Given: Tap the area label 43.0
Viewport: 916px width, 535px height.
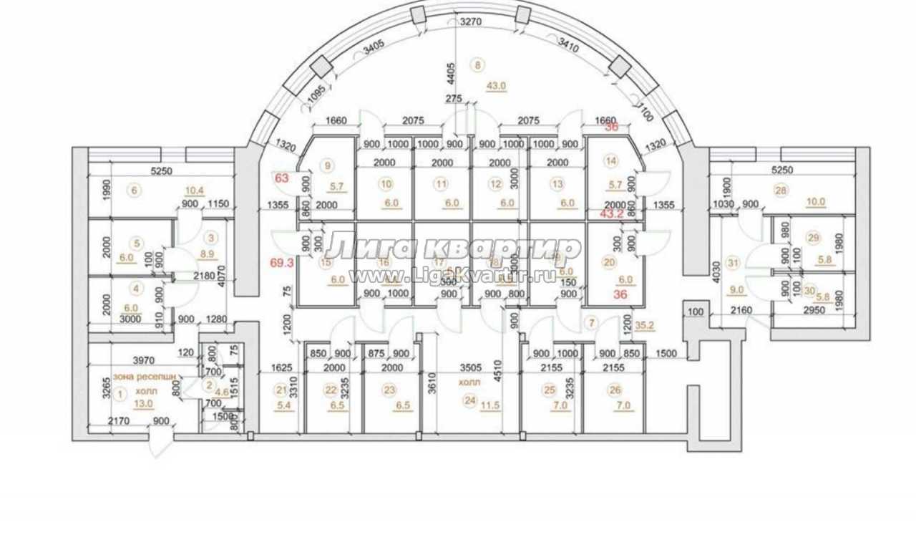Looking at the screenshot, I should (x=496, y=85).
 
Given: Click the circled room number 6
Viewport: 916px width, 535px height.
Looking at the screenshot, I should (x=132, y=190).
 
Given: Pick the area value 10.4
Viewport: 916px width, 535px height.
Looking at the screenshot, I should (x=195, y=190).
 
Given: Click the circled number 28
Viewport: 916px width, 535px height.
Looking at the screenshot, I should (x=780, y=190).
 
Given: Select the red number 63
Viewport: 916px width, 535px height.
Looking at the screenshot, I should (x=281, y=177).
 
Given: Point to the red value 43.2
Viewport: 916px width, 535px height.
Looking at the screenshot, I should (x=611, y=213).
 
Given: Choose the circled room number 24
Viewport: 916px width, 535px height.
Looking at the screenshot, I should (x=469, y=401).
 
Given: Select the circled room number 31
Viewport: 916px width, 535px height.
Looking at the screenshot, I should (x=732, y=263).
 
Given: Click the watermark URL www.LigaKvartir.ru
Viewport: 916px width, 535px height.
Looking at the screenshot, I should (x=452, y=276).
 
